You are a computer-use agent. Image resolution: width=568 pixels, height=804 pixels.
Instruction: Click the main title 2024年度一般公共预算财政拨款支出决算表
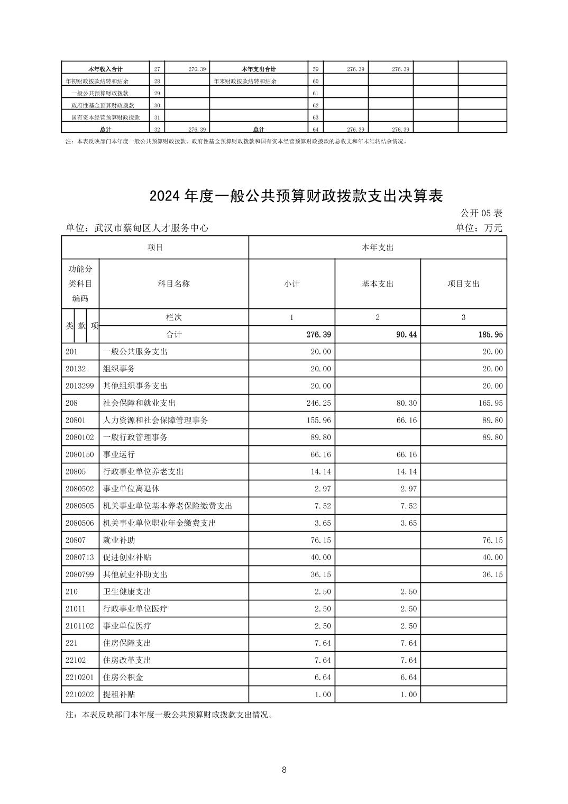(296, 196)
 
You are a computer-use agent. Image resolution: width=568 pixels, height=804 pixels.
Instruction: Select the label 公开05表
(481, 213)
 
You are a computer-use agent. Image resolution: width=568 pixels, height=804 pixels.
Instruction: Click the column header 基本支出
(377, 284)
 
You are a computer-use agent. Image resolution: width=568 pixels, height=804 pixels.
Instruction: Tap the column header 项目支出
(463, 284)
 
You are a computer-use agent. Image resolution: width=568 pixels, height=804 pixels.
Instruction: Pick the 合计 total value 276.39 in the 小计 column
(319, 335)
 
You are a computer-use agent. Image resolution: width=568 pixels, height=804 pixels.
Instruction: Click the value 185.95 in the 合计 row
(490, 335)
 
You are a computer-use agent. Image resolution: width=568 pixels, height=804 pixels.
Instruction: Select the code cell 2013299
(79, 386)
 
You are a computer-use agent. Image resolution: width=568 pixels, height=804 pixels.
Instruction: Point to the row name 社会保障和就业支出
(139, 403)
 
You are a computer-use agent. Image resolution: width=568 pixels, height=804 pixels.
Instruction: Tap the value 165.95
(490, 403)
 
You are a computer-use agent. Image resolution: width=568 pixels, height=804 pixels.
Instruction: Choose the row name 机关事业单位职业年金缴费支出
(159, 523)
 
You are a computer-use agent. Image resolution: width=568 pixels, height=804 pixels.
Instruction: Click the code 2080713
(79, 558)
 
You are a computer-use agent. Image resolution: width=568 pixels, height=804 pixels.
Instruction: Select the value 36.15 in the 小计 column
(320, 574)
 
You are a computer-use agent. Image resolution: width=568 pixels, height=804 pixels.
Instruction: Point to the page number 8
(284, 770)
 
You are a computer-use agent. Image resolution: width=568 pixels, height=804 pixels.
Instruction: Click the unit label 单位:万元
(478, 229)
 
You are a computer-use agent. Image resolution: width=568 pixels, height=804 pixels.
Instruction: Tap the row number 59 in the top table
(315, 69)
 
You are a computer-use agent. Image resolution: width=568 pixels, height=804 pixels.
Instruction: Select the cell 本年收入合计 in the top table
(105, 69)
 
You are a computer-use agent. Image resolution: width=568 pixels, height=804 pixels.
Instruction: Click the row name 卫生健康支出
(127, 592)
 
